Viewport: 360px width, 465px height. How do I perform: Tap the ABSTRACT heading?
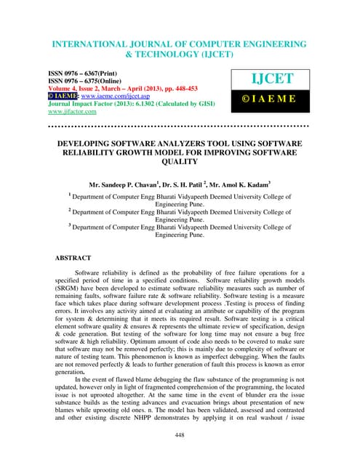(x=73, y=257)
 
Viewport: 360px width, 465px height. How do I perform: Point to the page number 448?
(x=180, y=434)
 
